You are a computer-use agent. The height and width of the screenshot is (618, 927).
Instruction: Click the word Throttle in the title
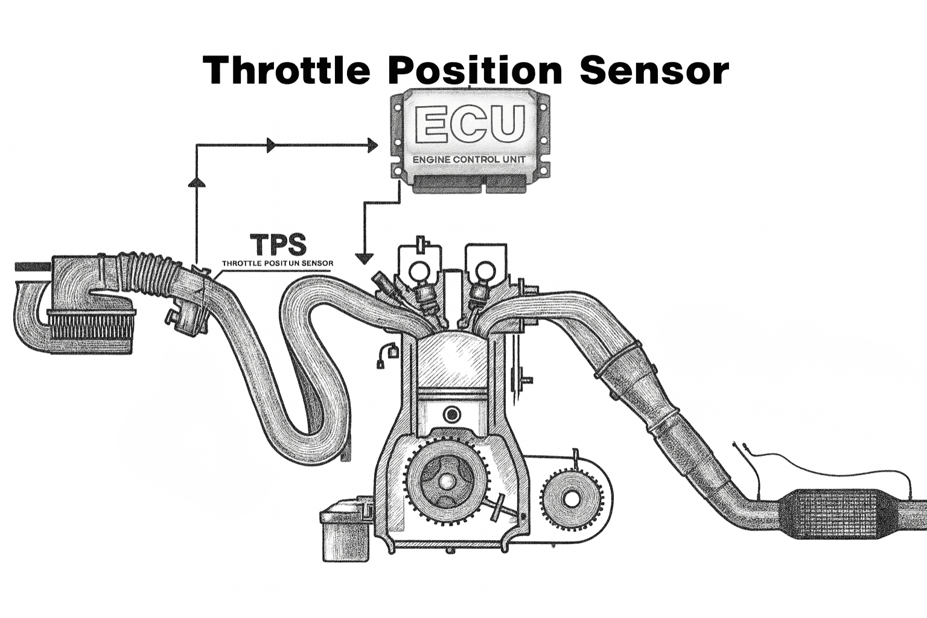(286, 70)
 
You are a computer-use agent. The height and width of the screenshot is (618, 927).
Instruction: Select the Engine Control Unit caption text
(469, 159)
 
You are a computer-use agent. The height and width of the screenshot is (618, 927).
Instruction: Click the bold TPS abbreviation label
(278, 245)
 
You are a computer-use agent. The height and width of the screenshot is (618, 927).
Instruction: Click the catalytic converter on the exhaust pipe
(833, 513)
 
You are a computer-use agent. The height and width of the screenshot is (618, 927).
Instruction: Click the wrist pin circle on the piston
(451, 415)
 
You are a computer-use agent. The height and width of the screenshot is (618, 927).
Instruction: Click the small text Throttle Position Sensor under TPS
(277, 264)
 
